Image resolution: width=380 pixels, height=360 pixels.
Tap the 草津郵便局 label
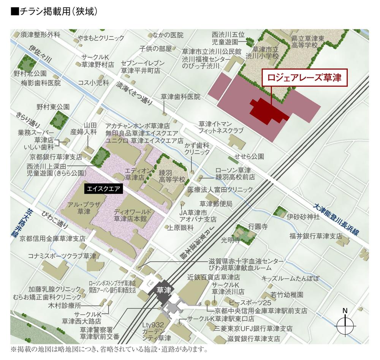pyautogui.click(x=216, y=204)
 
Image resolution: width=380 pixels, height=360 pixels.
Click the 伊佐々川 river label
pyautogui.click(x=40, y=55)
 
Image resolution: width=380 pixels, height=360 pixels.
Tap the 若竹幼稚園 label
pyautogui.click(x=287, y=295)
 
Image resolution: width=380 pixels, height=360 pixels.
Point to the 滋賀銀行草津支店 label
pyautogui.click(x=253, y=338)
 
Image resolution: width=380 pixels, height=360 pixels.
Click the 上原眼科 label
pyautogui.click(x=180, y=228)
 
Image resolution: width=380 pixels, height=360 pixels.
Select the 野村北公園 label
pyautogui.click(x=30, y=73)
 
